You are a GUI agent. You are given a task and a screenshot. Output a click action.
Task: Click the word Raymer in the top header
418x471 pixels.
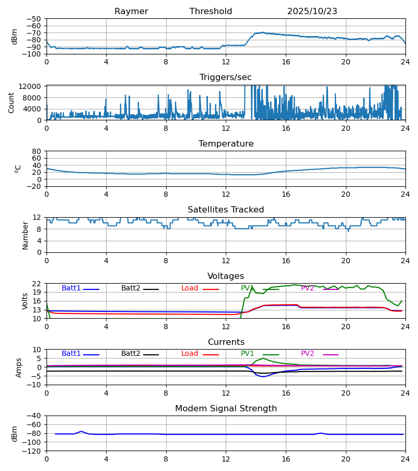click(x=131, y=12)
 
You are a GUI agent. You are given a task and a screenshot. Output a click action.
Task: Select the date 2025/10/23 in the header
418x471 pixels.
click(x=312, y=12)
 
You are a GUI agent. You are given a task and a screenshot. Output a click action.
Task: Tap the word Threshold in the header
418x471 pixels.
click(x=211, y=12)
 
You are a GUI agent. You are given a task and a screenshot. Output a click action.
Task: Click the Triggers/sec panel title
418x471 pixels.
click(x=226, y=77)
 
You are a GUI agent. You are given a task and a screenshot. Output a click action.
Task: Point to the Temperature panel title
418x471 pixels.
click(x=226, y=144)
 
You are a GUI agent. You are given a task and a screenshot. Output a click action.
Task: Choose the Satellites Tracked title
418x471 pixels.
click(x=226, y=210)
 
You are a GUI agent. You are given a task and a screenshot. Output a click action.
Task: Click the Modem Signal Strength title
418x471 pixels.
click(x=226, y=409)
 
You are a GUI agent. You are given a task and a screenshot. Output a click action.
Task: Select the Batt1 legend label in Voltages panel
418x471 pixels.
click(x=71, y=288)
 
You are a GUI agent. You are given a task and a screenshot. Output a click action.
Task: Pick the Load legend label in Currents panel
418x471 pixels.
click(x=190, y=354)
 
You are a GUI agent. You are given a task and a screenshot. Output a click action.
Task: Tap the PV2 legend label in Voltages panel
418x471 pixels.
click(x=307, y=288)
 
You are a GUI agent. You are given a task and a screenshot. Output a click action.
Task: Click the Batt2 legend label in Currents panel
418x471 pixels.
click(x=131, y=354)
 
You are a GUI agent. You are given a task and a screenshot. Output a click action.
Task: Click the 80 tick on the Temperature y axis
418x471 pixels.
click(x=37, y=151)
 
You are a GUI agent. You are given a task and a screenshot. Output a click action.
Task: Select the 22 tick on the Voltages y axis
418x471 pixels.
click(x=37, y=284)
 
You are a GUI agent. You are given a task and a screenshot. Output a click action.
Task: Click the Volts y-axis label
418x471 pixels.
click(x=25, y=301)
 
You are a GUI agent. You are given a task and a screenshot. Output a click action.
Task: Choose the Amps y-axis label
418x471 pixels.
click(x=19, y=367)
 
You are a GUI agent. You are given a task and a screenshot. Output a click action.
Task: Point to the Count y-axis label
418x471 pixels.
click(x=11, y=103)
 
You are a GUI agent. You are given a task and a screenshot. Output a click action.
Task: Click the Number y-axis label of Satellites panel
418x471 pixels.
click(x=25, y=235)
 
